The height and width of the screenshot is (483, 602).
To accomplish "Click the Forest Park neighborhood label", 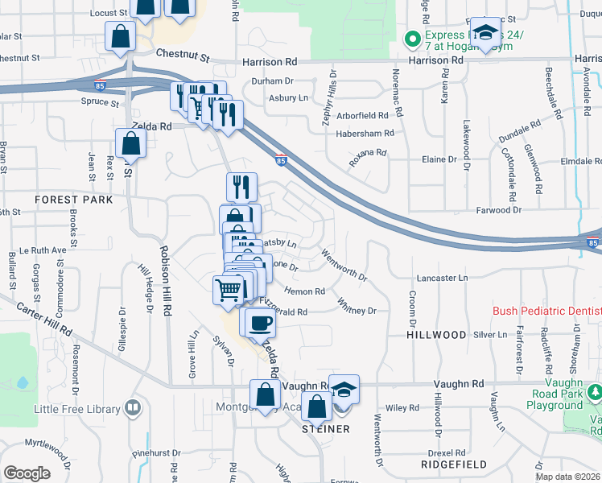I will click(x=68, y=199).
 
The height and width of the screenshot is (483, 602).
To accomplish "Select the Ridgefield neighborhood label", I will click(x=455, y=464).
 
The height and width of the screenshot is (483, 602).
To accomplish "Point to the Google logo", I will click(x=27, y=473).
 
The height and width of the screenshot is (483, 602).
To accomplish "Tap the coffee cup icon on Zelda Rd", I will click(x=258, y=324).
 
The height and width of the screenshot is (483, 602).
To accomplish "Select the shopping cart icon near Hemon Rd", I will click(x=229, y=289).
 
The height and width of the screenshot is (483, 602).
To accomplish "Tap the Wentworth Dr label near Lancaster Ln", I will click(x=344, y=266).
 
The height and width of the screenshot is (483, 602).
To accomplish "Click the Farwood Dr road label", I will click(x=499, y=210).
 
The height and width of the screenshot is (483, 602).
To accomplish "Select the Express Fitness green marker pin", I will click(x=413, y=38).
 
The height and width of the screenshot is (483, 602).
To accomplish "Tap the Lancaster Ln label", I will click(x=441, y=278).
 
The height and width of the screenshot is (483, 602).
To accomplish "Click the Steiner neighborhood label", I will click(x=325, y=429).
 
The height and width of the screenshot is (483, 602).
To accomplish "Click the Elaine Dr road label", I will click(x=439, y=159).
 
